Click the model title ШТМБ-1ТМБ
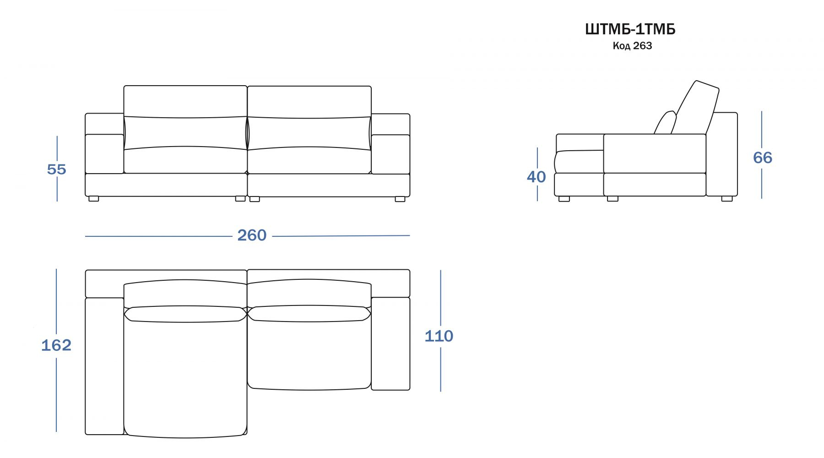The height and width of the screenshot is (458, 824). point(630,29)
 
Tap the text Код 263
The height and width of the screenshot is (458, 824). point(632,46)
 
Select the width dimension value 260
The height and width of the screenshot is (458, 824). point(252,235)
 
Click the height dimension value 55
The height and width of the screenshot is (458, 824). point(57,169)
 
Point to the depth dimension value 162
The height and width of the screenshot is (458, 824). point(56,345)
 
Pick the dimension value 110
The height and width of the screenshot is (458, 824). point(439,336)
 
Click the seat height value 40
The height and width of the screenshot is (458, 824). point(536,177)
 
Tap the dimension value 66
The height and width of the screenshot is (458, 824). point(763,158)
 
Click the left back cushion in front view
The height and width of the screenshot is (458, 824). point(185,117)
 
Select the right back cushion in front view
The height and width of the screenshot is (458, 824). point(309,117)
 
